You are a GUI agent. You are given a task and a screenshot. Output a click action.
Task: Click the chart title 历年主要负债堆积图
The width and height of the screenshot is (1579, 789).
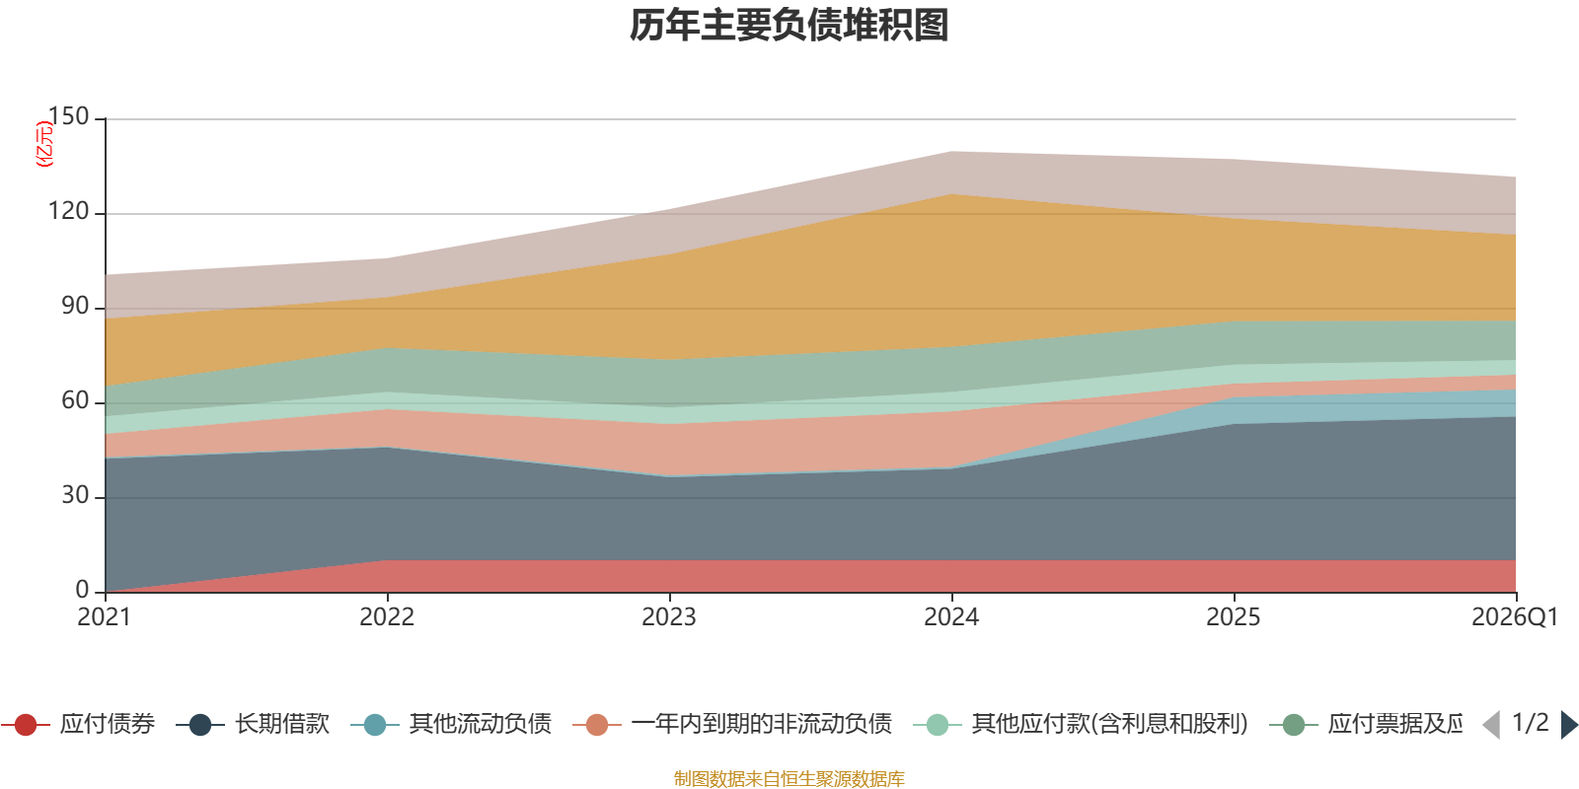coord(789,26)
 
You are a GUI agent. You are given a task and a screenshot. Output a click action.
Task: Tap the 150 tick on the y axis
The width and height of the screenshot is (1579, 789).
coord(68,117)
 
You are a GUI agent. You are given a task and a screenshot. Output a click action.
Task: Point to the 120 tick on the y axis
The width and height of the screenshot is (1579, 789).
coord(68,212)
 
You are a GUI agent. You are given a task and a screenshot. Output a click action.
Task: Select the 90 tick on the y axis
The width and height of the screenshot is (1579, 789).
coord(74,307)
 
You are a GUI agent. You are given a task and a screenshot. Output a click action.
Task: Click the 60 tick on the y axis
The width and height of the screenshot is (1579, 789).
coord(74,401)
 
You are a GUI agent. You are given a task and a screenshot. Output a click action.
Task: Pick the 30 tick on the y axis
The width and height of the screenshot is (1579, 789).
coord(74,496)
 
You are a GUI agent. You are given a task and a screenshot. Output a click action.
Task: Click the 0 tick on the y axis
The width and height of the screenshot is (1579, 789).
coord(82,590)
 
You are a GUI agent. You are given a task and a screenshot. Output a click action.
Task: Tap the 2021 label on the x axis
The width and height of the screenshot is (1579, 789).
coord(105,617)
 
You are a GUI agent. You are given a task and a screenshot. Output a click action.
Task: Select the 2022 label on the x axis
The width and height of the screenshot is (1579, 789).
coord(387,617)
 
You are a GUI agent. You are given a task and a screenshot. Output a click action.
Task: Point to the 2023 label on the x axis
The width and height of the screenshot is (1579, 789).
coord(669,617)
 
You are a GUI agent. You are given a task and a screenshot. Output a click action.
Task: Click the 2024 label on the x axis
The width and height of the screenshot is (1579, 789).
coord(951,617)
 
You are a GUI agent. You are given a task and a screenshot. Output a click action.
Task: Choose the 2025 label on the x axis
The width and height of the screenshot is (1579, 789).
coord(1234,617)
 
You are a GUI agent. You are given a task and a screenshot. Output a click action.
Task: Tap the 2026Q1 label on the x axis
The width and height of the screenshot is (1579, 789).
coord(1514,617)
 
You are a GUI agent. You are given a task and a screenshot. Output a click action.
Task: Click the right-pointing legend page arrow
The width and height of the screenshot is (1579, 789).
coord(1569,725)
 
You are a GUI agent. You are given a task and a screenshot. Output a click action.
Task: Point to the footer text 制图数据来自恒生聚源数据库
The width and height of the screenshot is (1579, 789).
coord(789,779)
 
